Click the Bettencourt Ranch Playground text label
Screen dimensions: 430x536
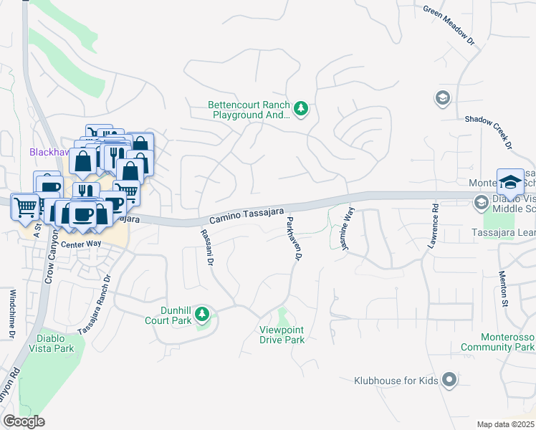tap(249, 109)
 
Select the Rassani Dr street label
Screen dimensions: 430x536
tap(206, 248)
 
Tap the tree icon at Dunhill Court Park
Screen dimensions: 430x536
tap(203, 314)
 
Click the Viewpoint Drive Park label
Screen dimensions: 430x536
tap(282, 334)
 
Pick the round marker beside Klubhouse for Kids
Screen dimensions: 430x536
tap(449, 379)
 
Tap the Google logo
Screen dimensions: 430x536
tap(24, 421)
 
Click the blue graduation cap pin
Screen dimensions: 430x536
tap(510, 182)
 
